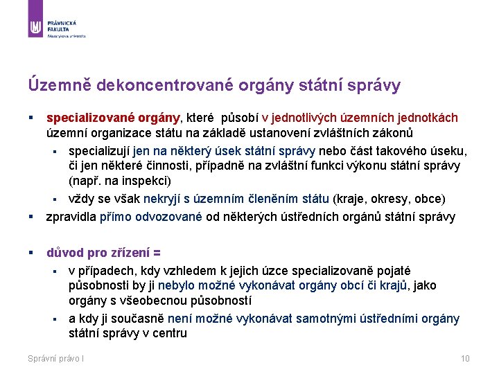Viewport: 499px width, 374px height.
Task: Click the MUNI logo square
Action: pos(36,27)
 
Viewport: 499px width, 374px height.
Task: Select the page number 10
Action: pos(465,358)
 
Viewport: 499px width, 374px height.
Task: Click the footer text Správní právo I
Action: pos(56,358)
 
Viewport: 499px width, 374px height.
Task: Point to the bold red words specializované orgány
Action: pos(113,118)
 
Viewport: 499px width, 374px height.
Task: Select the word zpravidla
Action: pos(71,217)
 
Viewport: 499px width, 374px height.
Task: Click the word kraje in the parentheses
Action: pos(350,199)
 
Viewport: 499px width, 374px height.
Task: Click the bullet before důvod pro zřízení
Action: pos(31,253)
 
